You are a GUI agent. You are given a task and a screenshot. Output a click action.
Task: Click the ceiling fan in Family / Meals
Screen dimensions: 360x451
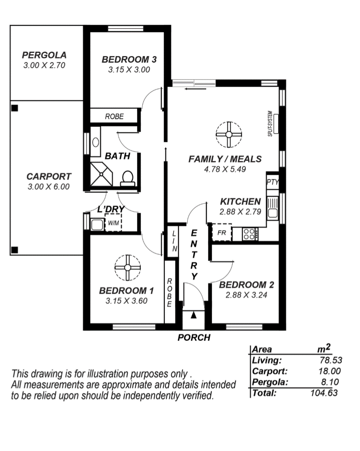tap(229, 134)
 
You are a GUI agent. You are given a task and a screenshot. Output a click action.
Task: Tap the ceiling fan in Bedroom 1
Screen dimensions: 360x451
tap(127, 268)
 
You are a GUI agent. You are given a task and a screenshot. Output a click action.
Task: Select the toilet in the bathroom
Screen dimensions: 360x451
tap(127, 179)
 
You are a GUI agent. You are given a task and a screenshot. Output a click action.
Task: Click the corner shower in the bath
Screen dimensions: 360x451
tap(101, 174)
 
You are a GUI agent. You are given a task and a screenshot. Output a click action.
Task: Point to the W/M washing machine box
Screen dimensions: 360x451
tap(113, 223)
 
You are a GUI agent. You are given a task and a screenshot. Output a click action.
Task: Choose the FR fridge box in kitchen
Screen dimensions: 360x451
tap(222, 232)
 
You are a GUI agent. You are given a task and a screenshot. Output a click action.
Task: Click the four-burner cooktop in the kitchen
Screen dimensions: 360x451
tap(249, 234)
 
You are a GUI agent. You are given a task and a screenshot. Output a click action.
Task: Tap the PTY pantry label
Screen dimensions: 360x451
tap(273, 182)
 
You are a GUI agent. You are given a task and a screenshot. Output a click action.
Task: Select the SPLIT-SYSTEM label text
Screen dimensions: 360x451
tap(270, 124)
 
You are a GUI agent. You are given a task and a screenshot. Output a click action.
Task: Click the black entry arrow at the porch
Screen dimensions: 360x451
tap(194, 315)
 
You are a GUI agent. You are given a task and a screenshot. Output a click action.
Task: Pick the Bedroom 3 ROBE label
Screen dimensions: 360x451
tap(114, 117)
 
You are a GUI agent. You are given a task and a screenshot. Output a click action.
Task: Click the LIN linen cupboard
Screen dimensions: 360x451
tap(174, 241)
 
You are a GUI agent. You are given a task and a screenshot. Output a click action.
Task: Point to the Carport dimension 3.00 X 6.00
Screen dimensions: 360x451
tap(49, 187)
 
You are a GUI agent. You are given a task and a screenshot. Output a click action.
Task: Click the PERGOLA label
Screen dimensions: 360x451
tap(44, 55)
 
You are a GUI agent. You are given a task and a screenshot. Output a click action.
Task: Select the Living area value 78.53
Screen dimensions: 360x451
tap(331, 360)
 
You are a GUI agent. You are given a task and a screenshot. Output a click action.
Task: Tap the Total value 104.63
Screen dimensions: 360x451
tap(324, 393)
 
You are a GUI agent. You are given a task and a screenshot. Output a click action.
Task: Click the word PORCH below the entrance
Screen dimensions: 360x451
tap(194, 337)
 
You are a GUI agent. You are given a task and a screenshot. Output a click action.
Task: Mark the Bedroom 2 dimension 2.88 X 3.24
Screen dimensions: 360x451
tap(246, 295)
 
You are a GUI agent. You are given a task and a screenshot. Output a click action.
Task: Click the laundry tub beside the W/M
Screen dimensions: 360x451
tap(97, 225)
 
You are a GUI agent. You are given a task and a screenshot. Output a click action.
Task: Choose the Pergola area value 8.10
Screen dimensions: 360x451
tap(330, 382)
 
